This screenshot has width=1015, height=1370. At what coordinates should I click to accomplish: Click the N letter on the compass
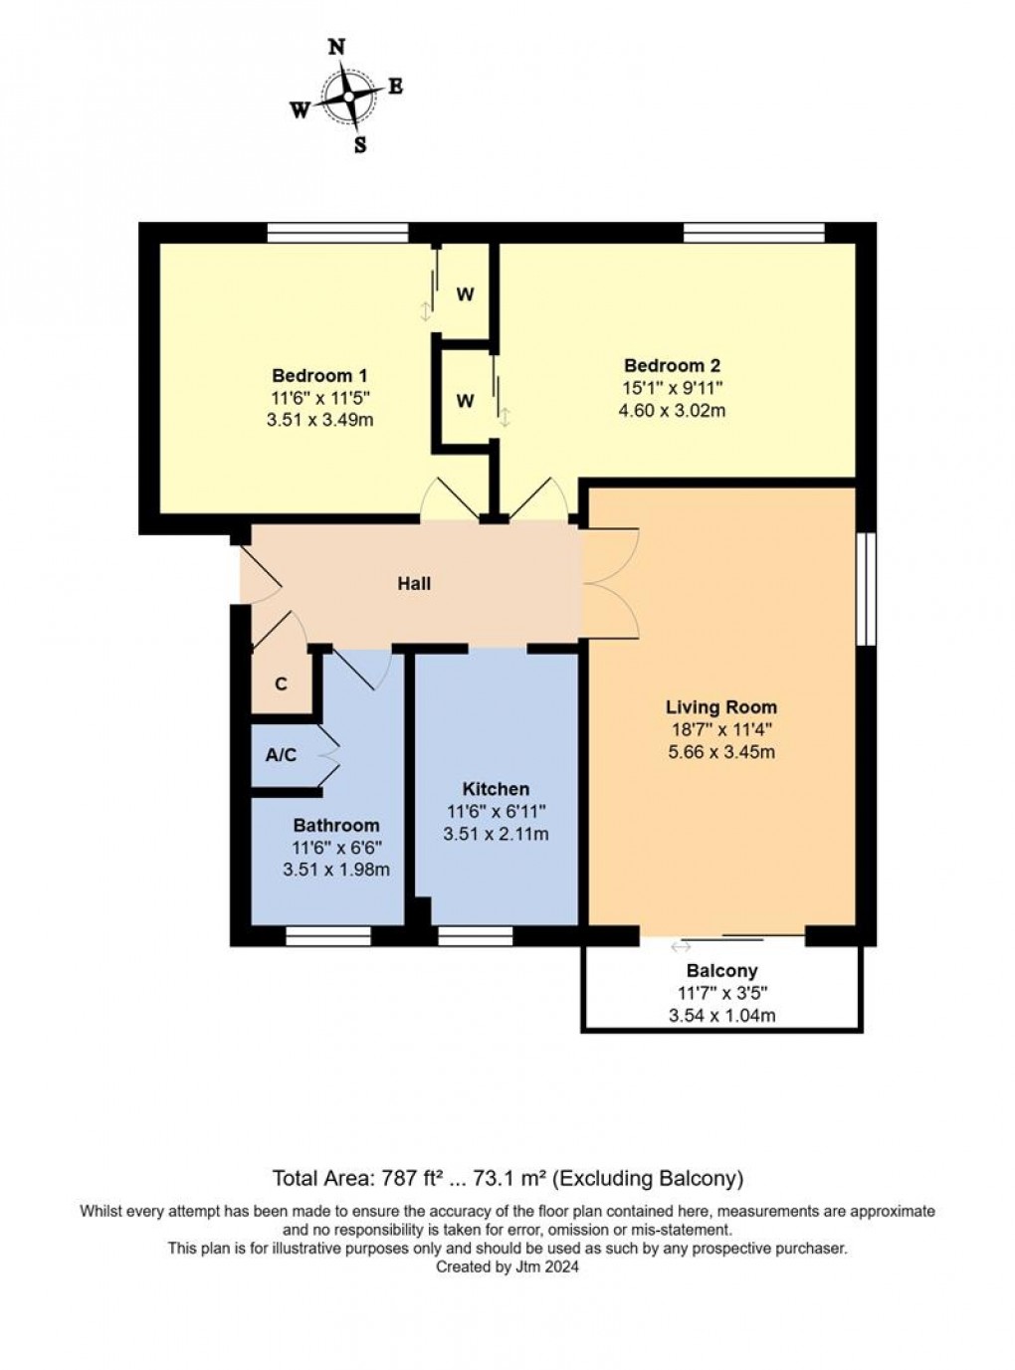pos(336,48)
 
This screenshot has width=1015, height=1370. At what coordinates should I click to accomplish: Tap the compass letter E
pos(395,88)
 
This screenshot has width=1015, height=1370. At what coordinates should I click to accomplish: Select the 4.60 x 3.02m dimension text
pos(672,409)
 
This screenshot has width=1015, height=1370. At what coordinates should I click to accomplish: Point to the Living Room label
pos(720,707)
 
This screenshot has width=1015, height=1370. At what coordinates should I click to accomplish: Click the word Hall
pos(414,583)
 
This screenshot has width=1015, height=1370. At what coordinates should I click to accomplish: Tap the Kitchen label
pos(496,789)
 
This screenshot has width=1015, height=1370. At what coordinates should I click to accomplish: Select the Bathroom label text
pos(335,825)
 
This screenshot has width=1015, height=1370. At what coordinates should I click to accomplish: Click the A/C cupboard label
pos(281,755)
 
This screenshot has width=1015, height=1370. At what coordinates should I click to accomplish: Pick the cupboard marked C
pos(281,685)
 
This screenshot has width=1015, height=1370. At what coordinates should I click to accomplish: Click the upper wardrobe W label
pos(465,294)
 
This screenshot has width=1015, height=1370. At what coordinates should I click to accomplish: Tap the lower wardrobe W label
pos(465,401)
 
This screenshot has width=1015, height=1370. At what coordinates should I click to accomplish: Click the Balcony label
pos(721,970)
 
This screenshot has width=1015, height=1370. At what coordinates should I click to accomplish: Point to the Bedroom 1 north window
pos(337,233)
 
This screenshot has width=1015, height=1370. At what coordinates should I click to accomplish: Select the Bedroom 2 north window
pos(753,233)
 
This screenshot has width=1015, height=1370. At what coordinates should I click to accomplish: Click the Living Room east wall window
pos(866,588)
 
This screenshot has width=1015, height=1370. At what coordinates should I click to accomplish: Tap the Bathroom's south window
pos(327,935)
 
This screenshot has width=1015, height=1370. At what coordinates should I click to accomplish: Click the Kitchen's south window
pos(475,935)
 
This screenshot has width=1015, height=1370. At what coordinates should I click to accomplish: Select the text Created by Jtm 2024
pos(507,1267)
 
